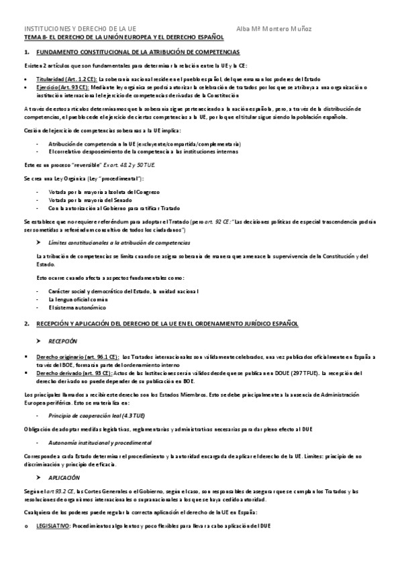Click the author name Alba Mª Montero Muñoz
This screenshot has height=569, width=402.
point(274,29)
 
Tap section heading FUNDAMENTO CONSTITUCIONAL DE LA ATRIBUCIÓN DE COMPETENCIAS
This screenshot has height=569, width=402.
point(138,52)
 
